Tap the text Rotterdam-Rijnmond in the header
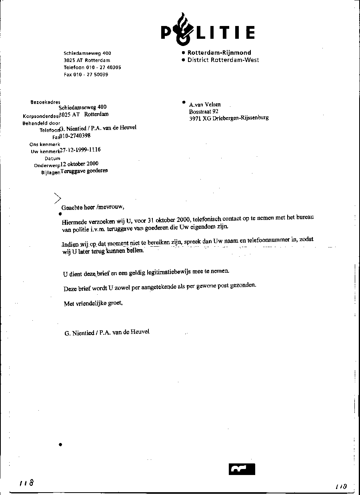tap(219, 53)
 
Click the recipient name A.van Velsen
tap(205, 105)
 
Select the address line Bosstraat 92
tap(204, 112)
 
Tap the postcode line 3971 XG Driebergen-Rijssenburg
tap(229, 118)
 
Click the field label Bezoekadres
tap(45, 102)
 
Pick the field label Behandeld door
tap(41, 124)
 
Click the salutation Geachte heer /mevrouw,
tap(93, 208)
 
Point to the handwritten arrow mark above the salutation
tap(58, 198)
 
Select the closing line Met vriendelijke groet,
tap(93, 303)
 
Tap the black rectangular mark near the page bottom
tap(242, 469)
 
